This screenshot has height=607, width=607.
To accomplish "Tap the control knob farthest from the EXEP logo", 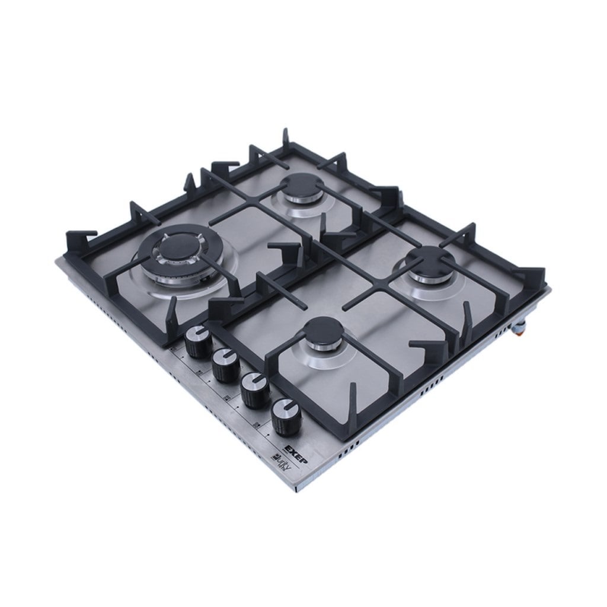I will click(195, 341).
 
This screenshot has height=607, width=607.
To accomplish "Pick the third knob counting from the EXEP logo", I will click(223, 362).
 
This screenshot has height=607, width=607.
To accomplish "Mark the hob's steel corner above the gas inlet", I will click(547, 289).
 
